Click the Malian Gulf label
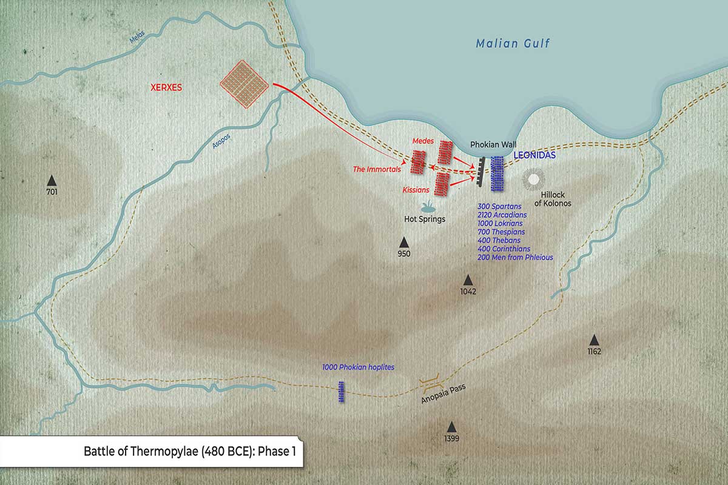[513, 44]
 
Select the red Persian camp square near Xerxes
[244, 84]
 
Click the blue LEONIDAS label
[534, 156]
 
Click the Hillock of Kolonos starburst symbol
[534, 179]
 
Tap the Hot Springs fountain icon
[426, 206]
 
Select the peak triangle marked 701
[52, 180]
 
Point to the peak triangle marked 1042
[468, 279]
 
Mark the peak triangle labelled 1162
[594, 340]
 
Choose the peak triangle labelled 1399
[451, 427]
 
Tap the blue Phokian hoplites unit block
[342, 392]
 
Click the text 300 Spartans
[499, 207]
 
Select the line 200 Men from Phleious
[515, 258]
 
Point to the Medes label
[423, 141]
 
